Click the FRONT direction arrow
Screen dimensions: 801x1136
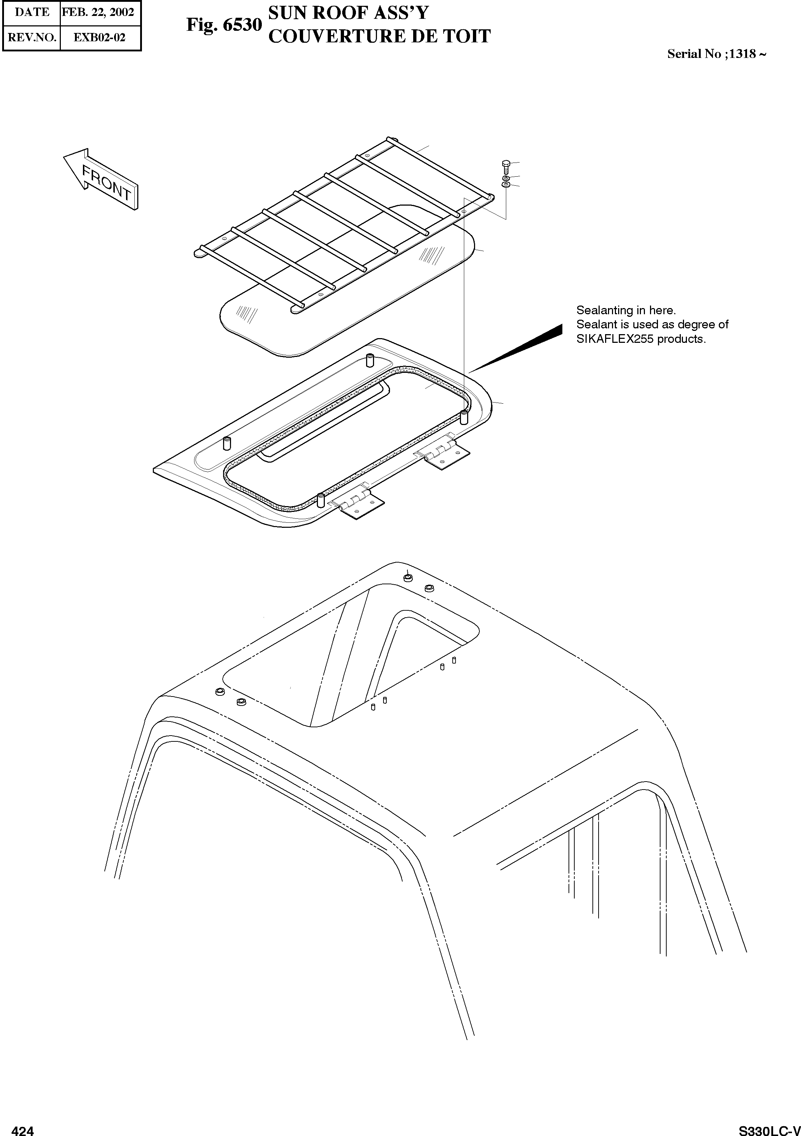[101, 179]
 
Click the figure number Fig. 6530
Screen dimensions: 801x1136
[224, 25]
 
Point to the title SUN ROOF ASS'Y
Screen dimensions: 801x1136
[348, 13]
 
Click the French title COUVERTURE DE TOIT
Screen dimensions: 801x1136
[379, 36]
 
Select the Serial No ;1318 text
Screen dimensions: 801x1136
[716, 54]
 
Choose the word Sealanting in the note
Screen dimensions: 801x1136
[604, 310]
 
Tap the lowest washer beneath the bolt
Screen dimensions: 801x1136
[506, 185]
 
